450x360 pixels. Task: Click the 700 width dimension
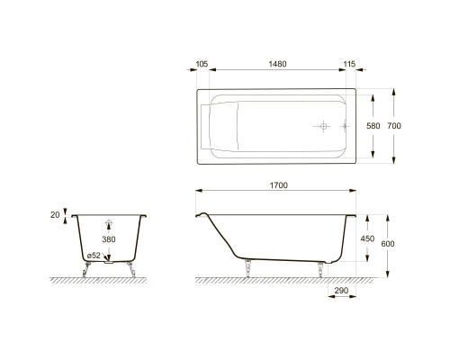pyautogui.click(x=393, y=126)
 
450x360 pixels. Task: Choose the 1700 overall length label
pyautogui.click(x=278, y=185)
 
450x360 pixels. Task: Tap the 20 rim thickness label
pyautogui.click(x=56, y=215)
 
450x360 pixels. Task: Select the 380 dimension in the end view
pyautogui.click(x=108, y=240)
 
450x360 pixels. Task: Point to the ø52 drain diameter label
pyautogui.click(x=93, y=256)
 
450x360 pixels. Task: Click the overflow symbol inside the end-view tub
pyautogui.click(x=108, y=225)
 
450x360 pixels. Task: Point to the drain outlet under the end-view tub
pyautogui.click(x=109, y=262)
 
